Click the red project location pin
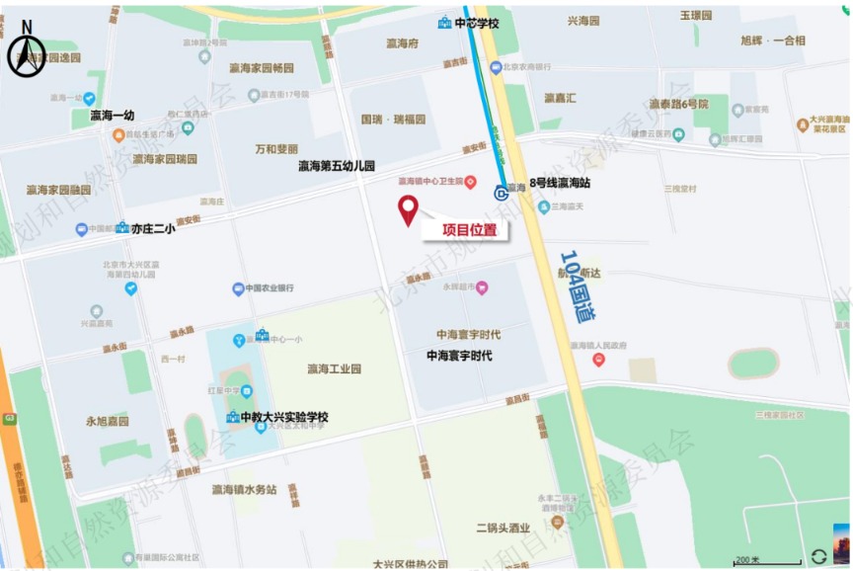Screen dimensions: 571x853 pos(408,209)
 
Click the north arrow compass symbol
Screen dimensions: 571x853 pos(27,51)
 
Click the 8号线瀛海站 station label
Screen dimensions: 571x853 pos(559,183)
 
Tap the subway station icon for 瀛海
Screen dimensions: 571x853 pos(503,194)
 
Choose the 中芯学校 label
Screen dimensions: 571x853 pos(476,23)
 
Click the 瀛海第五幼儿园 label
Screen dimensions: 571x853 pos(337,166)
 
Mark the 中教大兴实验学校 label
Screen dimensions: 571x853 pos(284,417)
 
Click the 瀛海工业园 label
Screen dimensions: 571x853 pos(334,369)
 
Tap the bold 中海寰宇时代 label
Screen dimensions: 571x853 pos(459,355)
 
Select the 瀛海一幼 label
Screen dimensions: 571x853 pos(112,116)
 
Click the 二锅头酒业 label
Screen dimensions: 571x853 pos(503,528)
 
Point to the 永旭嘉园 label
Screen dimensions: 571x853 pos(108,421)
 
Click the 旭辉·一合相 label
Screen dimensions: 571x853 pos(772,41)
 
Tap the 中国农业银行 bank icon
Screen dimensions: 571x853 pos(238,289)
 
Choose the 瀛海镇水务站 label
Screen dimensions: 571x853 pos(244,489)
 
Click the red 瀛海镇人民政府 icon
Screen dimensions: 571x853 pos(598,359)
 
